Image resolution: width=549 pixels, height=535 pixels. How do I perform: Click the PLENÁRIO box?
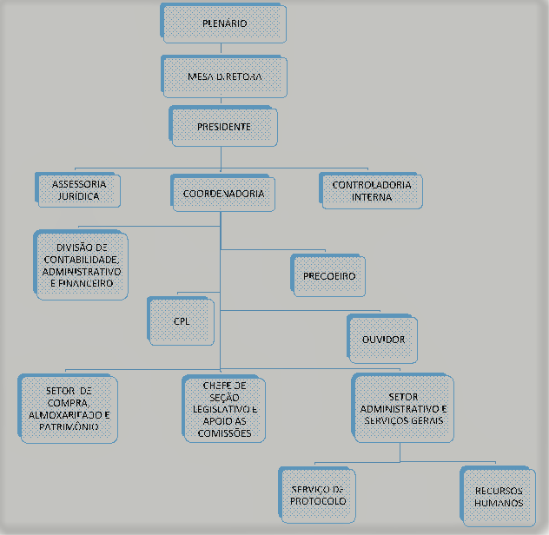click(223, 24)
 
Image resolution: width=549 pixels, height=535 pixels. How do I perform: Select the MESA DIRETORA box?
click(224, 76)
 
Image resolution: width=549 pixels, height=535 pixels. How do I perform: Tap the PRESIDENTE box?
click(224, 127)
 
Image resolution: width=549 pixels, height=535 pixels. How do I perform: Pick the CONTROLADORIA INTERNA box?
click(372, 191)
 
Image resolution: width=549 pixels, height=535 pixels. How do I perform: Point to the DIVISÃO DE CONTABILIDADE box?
click(82, 266)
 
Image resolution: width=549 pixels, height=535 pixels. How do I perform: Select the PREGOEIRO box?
click(329, 276)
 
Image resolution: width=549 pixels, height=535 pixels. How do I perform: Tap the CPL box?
click(182, 321)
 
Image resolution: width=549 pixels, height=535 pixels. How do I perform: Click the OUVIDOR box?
click(383, 338)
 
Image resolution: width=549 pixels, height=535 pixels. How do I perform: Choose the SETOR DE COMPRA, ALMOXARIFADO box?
click(68, 408)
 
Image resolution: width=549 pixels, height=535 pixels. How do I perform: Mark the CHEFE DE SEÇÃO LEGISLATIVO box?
click(224, 408)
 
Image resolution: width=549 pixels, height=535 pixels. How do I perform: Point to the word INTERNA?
click(373, 197)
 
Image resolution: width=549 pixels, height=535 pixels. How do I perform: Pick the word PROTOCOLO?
click(319, 502)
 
